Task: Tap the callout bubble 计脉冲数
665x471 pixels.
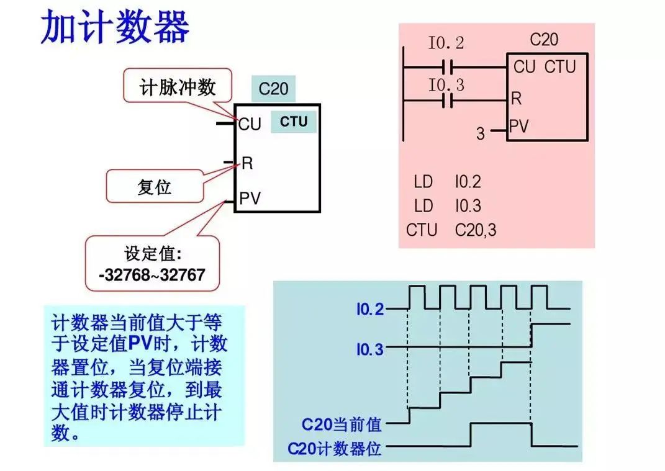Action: coord(178,86)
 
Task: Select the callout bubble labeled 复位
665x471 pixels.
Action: coord(154,186)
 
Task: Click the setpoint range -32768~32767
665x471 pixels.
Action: coord(152,275)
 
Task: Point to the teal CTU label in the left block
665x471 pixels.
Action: coord(294,122)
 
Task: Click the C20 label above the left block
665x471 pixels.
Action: coord(273,89)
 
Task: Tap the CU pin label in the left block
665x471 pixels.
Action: coord(250,124)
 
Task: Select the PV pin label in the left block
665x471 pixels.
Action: coord(250,199)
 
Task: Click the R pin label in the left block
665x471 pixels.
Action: coord(247,163)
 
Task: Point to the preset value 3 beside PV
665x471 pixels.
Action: coord(480,133)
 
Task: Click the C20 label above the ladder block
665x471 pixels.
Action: coord(544,40)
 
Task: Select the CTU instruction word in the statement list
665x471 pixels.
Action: coord(422,230)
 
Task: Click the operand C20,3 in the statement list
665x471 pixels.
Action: coord(476,230)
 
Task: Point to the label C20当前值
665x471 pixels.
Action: coord(342,424)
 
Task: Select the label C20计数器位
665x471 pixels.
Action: coord(335,448)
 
